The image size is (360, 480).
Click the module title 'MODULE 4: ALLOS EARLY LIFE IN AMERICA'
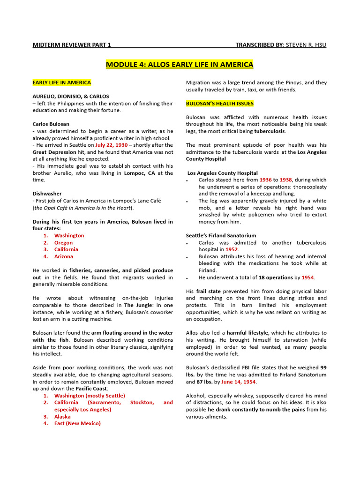(180, 64)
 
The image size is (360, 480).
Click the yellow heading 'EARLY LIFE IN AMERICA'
(61, 82)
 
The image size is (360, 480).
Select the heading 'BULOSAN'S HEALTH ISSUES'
(213, 103)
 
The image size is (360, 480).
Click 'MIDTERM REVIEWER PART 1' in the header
(71, 45)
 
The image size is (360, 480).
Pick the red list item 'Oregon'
(63, 243)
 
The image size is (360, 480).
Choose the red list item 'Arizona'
(63, 256)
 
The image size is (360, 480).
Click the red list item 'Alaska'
(62, 416)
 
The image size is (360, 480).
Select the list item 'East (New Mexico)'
(77, 423)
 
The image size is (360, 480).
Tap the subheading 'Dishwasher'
(47, 194)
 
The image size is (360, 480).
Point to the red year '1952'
(232, 249)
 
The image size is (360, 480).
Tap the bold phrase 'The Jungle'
(136, 305)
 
